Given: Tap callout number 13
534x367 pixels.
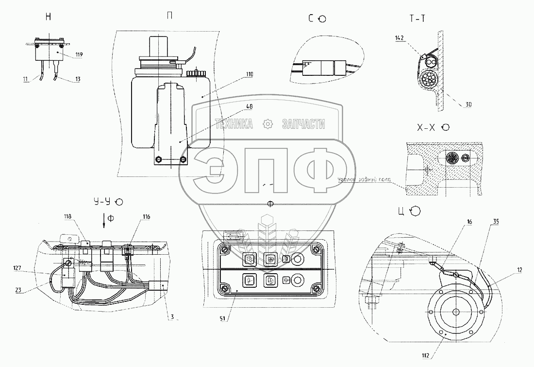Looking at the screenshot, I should point(64,79).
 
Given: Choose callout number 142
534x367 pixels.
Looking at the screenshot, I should point(399,37).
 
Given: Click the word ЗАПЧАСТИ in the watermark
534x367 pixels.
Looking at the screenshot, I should point(303,124).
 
